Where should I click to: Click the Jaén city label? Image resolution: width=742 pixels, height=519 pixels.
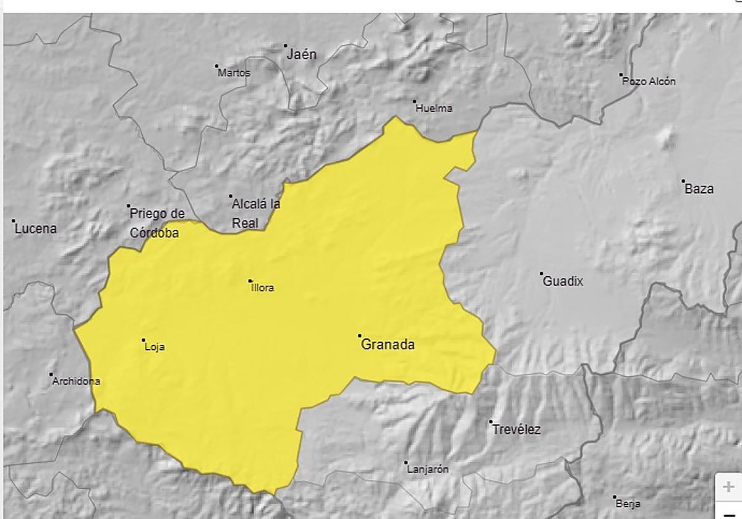302,54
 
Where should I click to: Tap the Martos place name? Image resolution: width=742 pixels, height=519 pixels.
234,73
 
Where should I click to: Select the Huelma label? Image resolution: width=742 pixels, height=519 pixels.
434,108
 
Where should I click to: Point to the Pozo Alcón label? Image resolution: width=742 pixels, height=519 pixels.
649,81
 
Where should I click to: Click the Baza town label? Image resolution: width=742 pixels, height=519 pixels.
699,189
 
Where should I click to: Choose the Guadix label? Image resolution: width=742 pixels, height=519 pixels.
563,282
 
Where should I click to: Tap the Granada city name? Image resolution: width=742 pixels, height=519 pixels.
388,345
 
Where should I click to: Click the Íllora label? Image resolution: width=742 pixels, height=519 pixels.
262,287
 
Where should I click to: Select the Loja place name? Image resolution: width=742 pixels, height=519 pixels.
155,347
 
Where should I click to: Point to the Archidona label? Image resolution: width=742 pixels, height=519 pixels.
76,381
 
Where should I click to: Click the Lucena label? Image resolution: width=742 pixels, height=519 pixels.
36,229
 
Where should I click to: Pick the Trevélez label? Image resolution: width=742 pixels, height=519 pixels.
516,430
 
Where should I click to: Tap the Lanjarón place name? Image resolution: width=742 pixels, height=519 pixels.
428,470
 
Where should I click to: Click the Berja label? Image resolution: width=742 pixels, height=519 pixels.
628,504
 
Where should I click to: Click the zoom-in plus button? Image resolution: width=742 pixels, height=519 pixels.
728,487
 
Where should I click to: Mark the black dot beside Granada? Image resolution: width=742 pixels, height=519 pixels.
360,336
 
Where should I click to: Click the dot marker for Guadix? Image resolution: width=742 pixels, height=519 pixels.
541,273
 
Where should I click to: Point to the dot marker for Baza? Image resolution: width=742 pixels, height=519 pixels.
683,181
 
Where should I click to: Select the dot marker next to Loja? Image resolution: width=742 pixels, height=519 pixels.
143,340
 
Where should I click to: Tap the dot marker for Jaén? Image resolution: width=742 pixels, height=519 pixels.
286,45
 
